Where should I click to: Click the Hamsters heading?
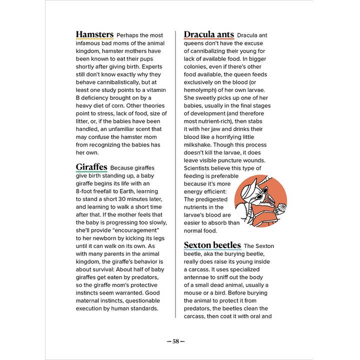coord(94,34)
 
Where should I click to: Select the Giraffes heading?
coord(91,167)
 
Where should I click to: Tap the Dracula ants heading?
coord(208,34)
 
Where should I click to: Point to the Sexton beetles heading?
coord(212,245)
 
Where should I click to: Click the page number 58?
coord(175,341)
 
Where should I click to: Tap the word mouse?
coord(194,293)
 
